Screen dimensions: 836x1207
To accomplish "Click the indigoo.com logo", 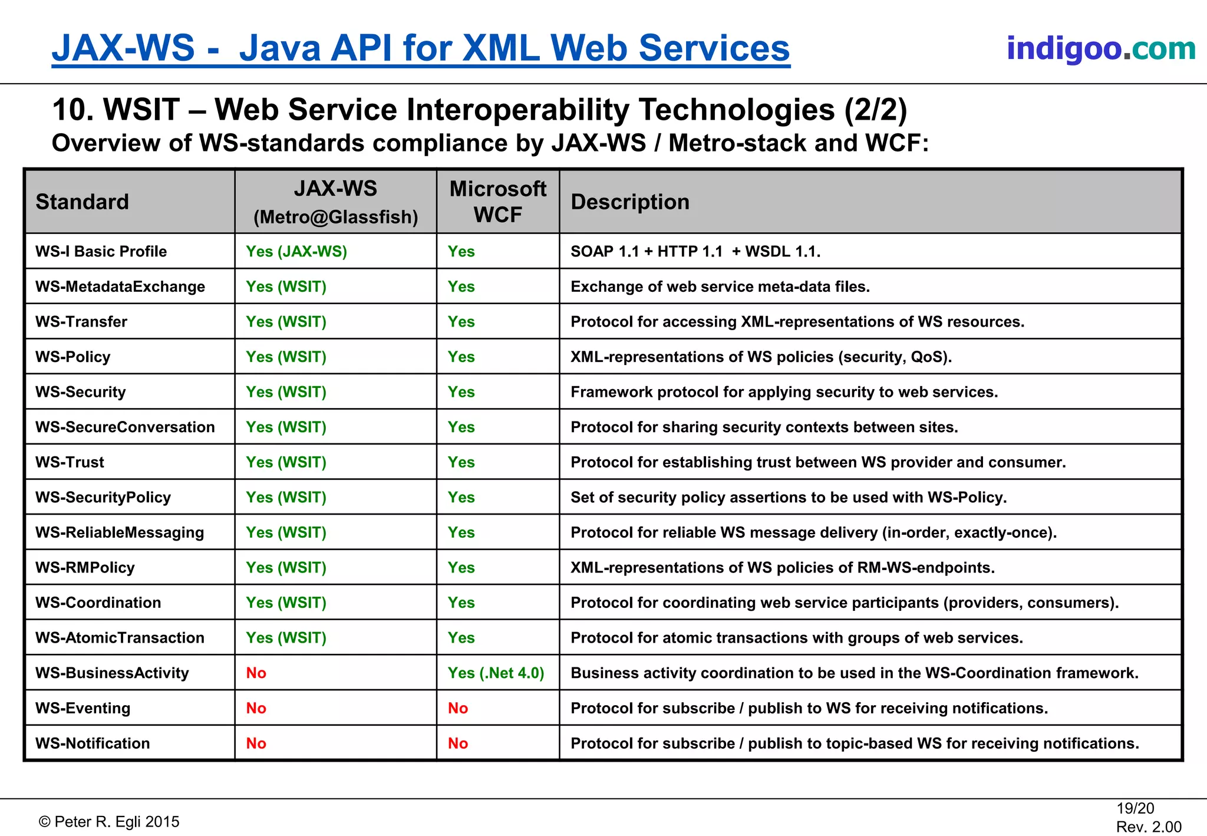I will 1100,48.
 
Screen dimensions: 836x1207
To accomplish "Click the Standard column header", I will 82,202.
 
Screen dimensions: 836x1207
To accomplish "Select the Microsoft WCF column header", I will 497,202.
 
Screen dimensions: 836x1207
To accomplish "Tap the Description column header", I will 629,202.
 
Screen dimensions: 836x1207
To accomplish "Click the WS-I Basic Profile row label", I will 101,251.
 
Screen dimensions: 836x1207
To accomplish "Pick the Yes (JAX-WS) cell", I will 296,251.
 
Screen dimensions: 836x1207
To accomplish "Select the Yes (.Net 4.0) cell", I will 495,673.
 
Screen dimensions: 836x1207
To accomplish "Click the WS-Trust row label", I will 70,462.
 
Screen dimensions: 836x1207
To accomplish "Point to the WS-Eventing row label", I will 83,708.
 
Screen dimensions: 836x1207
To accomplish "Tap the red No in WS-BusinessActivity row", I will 256,673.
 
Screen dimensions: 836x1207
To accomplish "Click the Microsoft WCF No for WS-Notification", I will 457,743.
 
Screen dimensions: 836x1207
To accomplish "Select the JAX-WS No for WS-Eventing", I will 256,708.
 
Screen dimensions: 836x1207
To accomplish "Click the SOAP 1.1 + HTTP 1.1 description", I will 695,251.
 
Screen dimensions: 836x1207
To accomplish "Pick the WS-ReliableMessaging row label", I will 120,532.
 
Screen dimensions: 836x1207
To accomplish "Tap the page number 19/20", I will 1135,808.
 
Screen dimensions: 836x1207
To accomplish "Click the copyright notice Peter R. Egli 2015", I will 109,822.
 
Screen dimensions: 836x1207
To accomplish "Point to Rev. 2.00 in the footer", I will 1148,827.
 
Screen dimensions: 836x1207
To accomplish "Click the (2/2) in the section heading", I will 875,110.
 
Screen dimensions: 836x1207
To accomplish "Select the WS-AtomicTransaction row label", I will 120,638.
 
